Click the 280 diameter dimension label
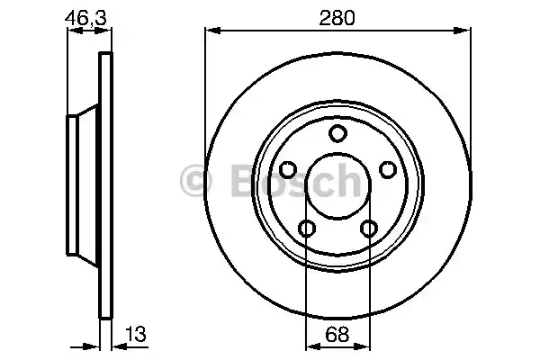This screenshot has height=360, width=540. (x=337, y=18)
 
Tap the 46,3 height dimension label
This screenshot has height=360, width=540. (x=85, y=18)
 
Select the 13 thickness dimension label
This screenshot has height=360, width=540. (x=136, y=334)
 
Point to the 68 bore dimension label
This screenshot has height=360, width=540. (x=337, y=334)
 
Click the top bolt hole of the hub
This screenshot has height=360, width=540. (x=337, y=133)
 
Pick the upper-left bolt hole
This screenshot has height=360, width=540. (x=288, y=169)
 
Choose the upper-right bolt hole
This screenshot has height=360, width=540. (x=388, y=169)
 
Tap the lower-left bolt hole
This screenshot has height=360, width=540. (x=307, y=228)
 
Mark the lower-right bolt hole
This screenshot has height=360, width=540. (x=369, y=228)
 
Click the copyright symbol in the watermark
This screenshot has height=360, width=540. (x=195, y=181)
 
